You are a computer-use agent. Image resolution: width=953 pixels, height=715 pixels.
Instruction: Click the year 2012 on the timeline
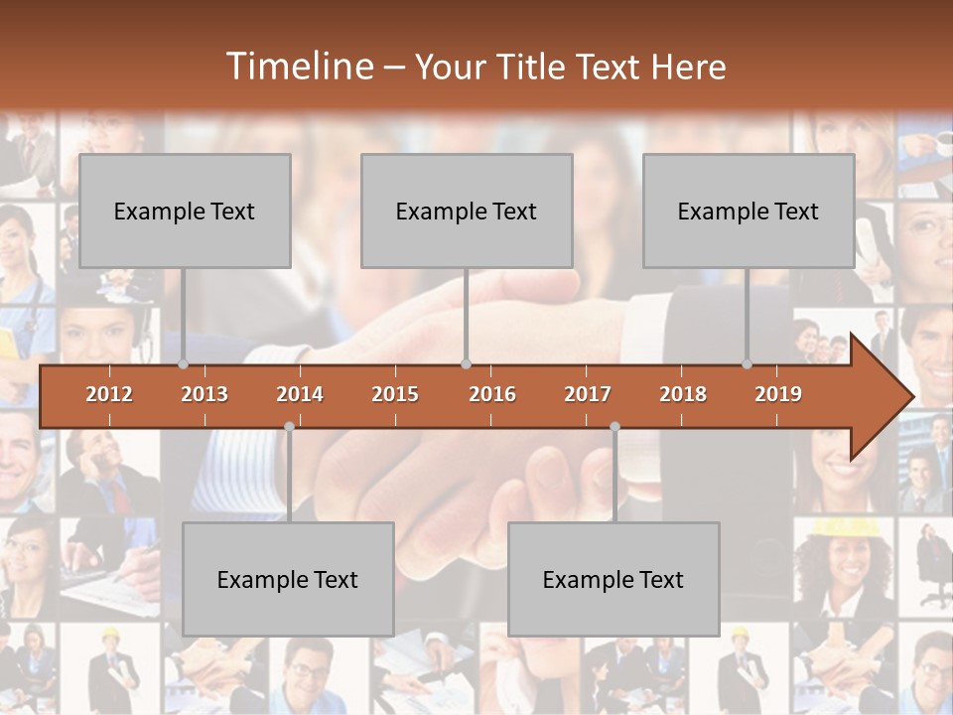coord(109,394)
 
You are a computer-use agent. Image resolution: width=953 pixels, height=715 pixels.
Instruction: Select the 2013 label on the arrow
coord(204,394)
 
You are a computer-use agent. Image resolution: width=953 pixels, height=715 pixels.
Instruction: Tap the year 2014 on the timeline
coord(300,394)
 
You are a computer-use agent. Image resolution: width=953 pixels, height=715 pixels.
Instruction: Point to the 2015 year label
coord(395,394)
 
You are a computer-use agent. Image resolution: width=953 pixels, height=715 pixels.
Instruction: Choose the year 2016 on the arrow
coord(492,394)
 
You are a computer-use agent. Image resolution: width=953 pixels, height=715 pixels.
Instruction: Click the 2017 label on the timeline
coord(588,394)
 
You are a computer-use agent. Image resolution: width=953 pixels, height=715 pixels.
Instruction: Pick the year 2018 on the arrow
coord(683,394)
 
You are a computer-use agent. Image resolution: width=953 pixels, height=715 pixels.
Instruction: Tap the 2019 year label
coord(778,394)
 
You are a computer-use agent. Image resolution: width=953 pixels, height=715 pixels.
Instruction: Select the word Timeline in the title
coord(298,67)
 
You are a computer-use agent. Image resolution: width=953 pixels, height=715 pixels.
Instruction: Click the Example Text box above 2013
coord(185,211)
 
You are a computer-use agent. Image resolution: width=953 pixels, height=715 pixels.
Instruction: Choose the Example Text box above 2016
coord(467,211)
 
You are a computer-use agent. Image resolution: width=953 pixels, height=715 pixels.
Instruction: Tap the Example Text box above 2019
coord(749,211)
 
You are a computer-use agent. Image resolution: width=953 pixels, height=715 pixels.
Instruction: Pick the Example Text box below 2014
coord(288,579)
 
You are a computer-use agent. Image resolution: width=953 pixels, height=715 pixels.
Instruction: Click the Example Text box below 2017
coord(613,579)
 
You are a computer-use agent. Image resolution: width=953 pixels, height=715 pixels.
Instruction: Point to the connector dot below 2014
coord(289,427)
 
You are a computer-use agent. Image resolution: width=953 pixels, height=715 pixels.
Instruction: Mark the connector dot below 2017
coord(614,427)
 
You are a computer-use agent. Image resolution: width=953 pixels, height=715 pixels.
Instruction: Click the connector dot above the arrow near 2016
coord(466,364)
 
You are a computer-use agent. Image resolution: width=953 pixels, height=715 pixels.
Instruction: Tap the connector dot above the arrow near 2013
coord(183,364)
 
